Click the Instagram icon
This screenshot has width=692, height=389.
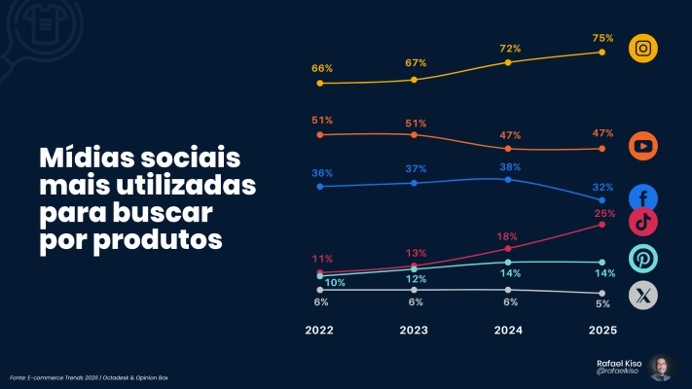pos(643,49)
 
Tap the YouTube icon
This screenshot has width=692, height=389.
pos(643,146)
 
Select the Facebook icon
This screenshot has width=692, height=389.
pos(643,197)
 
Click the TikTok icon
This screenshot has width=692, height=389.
pos(643,222)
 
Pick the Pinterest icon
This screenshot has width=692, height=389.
pos(643,259)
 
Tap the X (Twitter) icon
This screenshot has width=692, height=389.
pos(643,295)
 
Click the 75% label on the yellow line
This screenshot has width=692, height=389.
pos(602,38)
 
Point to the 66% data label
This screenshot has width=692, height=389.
pos(322,69)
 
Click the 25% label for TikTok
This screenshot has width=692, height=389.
pos(604,213)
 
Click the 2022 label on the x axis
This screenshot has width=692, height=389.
pos(319,331)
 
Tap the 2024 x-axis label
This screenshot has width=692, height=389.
pos(508,331)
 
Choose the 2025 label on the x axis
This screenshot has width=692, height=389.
pos(602,331)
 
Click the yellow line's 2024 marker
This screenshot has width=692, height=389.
pos(508,62)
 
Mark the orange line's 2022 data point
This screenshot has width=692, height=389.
pos(320,134)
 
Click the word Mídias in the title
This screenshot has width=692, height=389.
pos(86,158)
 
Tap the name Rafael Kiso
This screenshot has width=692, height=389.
pos(619,362)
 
